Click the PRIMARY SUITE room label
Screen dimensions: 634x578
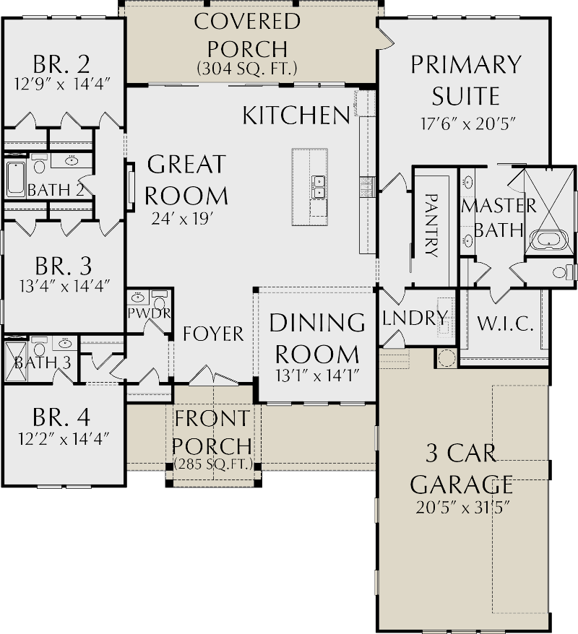[x=465, y=80]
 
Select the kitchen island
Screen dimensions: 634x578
[x=309, y=187]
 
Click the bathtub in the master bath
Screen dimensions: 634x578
[x=548, y=239]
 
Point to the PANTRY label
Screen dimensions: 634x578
[x=431, y=225]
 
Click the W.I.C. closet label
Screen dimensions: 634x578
[x=505, y=323]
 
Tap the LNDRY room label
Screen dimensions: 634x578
[x=415, y=318]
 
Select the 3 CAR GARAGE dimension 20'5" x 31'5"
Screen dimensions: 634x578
[x=462, y=506]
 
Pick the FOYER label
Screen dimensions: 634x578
[x=213, y=334]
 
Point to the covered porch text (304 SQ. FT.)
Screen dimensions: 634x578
[x=247, y=69]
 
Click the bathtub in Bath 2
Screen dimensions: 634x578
[x=15, y=180]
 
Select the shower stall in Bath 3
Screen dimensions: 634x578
[x=14, y=361]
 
